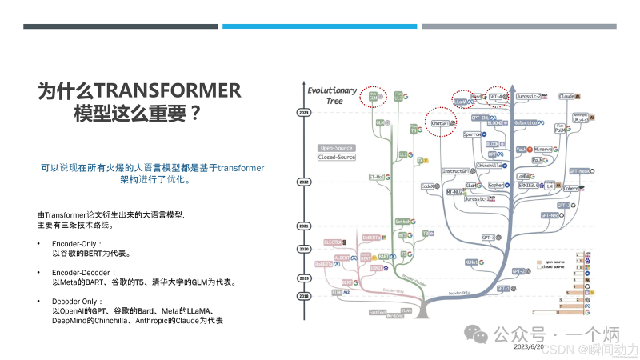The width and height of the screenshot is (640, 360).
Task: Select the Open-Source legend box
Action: click(337, 148)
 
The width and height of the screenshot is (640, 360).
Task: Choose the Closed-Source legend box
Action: click(337, 158)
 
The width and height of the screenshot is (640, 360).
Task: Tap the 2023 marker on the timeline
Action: click(303, 114)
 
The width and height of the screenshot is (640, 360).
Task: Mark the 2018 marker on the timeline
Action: click(303, 295)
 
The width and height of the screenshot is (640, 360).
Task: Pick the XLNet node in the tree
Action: click(472, 262)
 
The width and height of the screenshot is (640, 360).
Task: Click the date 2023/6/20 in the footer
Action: click(527, 347)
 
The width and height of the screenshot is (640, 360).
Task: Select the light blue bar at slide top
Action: click(319, 26)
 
